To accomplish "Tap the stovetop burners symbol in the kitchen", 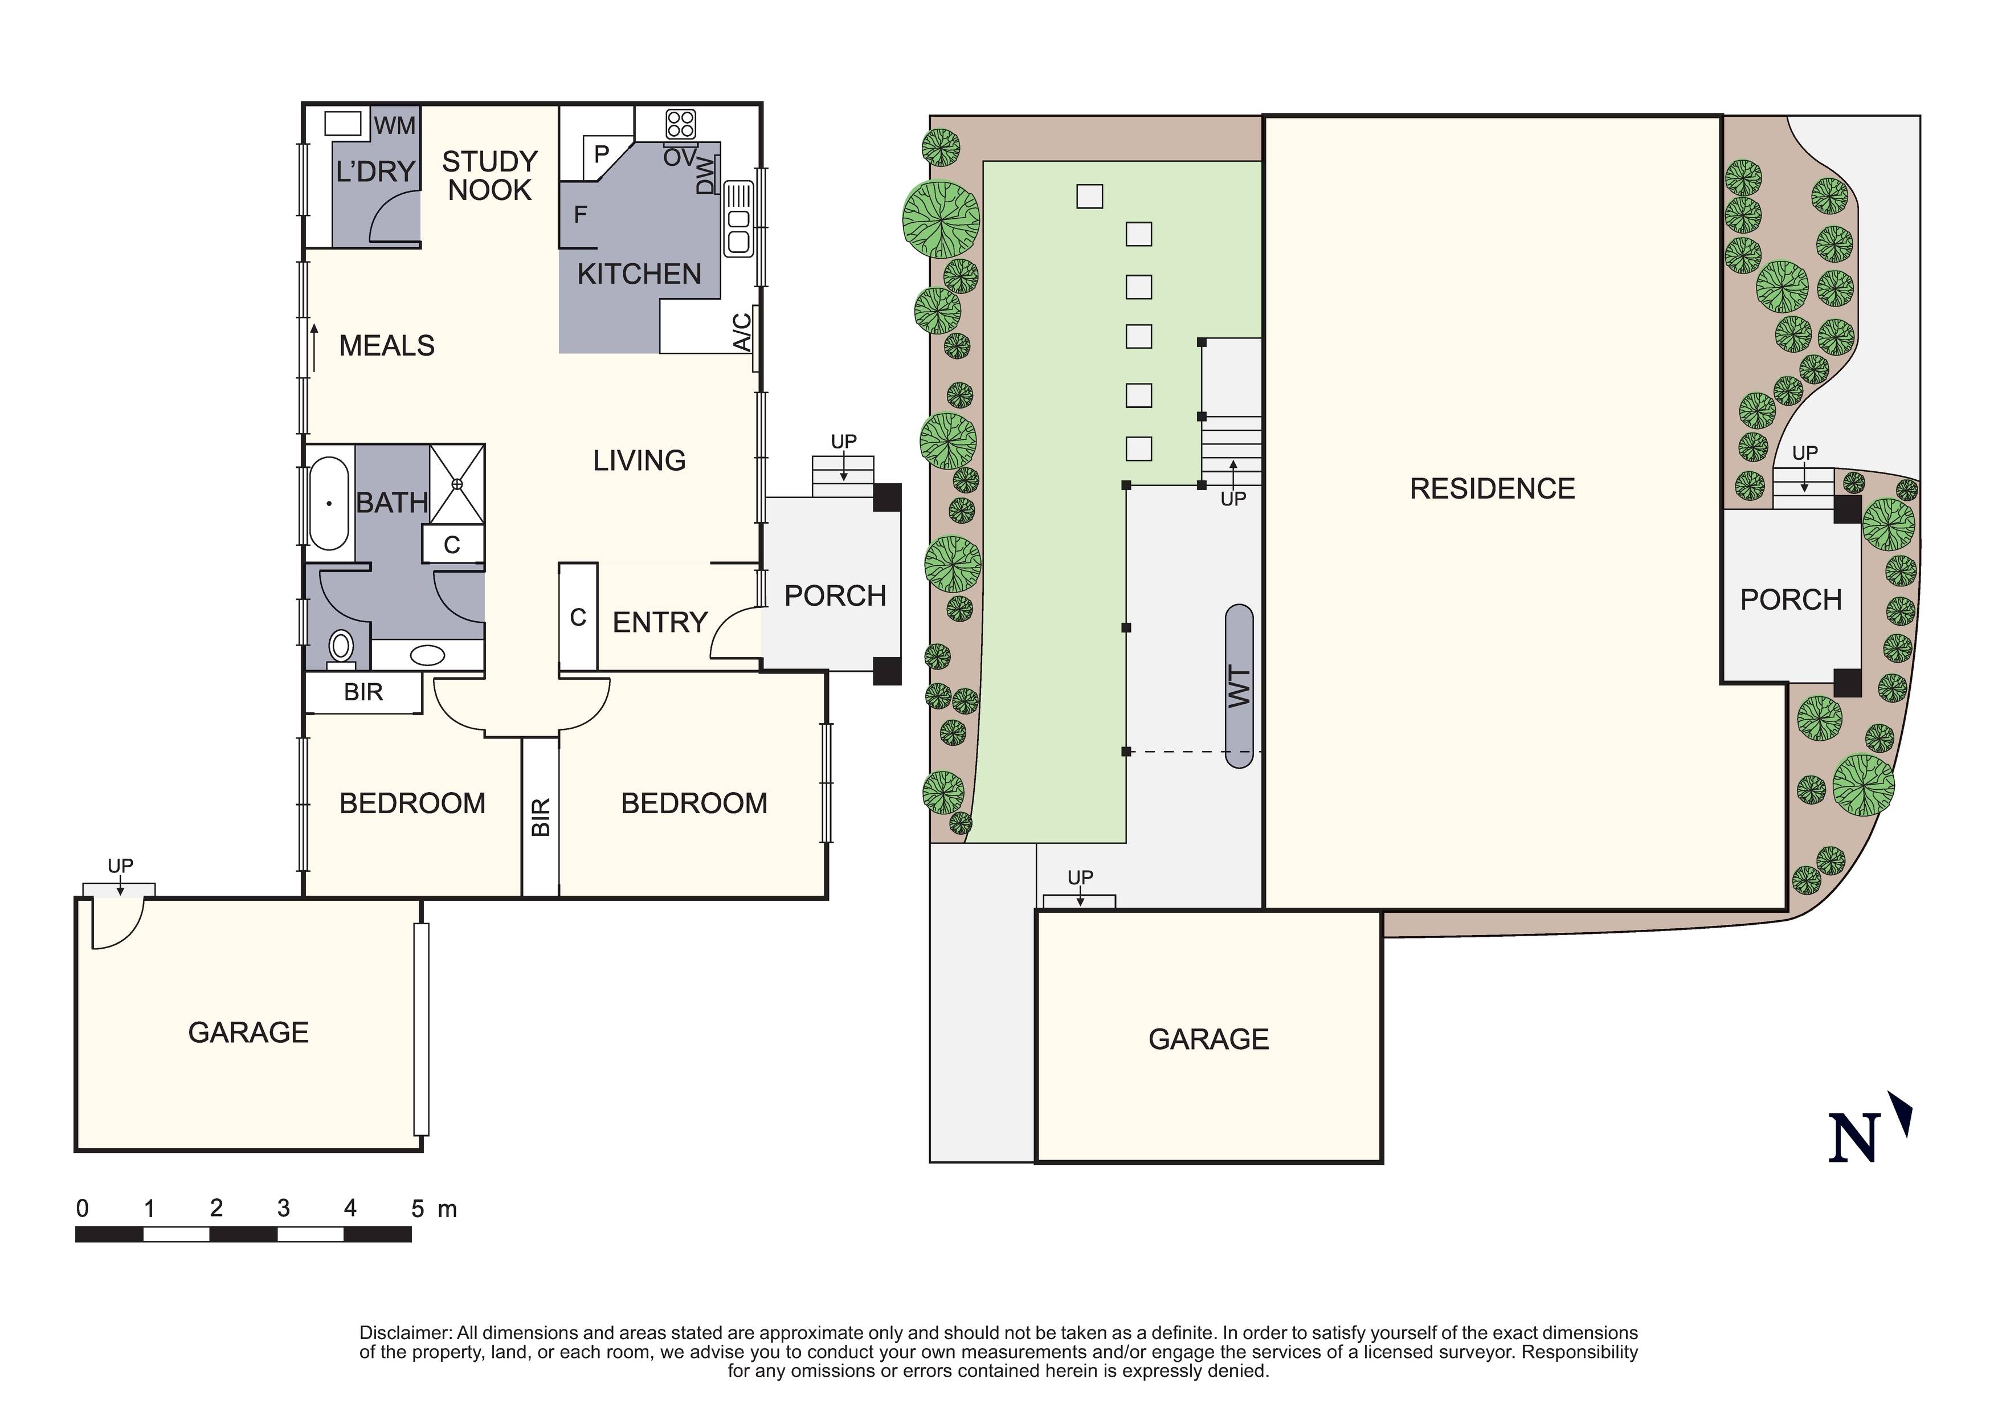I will point(680,124).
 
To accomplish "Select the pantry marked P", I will point(600,155).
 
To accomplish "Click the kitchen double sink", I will point(738,218).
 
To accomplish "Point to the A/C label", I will point(742,332).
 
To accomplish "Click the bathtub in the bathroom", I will point(329,503).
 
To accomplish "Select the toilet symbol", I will point(340,647).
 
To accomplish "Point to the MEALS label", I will point(386,346).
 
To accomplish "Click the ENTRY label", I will point(660,622).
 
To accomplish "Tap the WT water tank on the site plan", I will point(1239,686).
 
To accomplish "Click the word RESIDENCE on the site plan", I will point(1492,488).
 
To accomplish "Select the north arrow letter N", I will point(1853,1137).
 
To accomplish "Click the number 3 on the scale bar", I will point(283,1209).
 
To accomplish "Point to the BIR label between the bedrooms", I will point(541,817).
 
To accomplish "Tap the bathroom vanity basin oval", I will point(427,655).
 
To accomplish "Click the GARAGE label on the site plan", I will point(1208,1039).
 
